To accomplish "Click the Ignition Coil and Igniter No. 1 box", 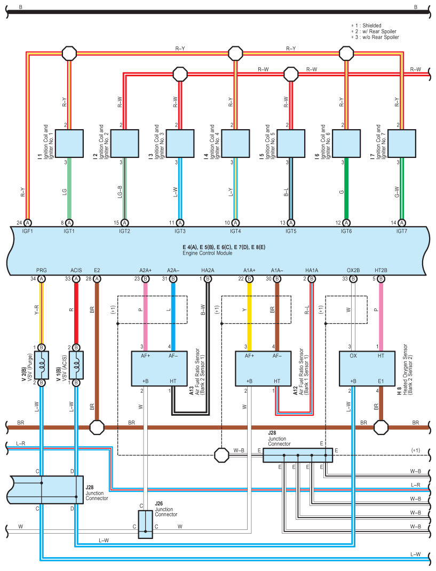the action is click(69, 144).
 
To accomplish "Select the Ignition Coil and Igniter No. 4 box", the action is click(236, 144).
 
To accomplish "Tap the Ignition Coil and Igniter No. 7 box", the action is click(402, 144).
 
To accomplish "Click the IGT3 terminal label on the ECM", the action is click(180, 231).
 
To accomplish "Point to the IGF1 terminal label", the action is click(27, 231).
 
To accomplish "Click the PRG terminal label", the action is click(42, 270).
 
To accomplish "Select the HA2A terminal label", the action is click(208, 270).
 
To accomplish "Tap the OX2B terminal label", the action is click(353, 270).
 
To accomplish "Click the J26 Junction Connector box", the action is click(145, 525).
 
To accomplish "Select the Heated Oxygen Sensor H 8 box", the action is click(367, 369).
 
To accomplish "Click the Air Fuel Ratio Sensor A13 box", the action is click(159, 369).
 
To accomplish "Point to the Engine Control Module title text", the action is click(207, 253).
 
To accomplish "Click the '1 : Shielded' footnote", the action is click(366, 26).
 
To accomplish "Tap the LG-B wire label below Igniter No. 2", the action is click(120, 192).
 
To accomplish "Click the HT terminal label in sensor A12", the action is click(277, 381).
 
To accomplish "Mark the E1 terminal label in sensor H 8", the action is click(380, 381).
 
